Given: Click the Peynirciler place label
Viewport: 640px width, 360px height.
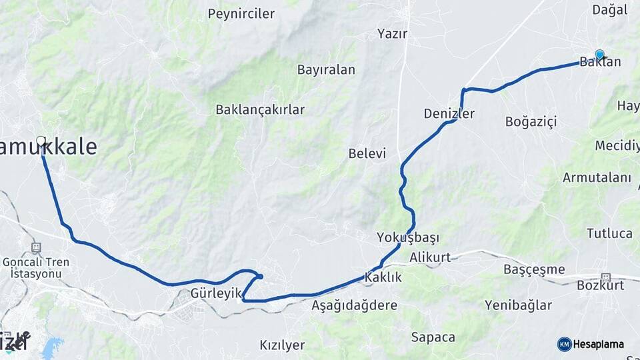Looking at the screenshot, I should coord(241,13).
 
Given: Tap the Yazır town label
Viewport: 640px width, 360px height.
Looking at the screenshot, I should coord(392,33).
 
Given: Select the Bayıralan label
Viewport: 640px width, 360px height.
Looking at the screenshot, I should coord(326,70).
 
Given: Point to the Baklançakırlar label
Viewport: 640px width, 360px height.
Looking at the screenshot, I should coord(260,109).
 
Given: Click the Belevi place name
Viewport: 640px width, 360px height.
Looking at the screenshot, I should coord(367,153).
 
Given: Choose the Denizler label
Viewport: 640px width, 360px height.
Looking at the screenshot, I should coord(449,114).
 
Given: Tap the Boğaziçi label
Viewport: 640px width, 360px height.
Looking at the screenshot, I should coord(531,121).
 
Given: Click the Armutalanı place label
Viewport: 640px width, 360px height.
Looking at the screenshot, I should coord(597,177).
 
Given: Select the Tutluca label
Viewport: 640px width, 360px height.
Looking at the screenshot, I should coord(609,233).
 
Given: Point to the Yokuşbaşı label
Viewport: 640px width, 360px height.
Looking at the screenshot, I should coord(408,238).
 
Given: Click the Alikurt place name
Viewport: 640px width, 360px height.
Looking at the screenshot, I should coord(430,257).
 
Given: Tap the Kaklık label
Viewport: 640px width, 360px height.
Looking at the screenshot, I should coord(383,277).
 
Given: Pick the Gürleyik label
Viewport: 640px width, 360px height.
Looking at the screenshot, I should coord(215,293).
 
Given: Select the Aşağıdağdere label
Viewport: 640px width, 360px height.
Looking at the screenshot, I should coord(355,305).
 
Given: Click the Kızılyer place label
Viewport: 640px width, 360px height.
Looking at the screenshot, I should coord(282,345).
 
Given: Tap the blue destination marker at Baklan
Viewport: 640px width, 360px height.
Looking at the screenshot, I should coord(599,55).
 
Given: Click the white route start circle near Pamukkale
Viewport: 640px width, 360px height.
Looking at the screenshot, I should coord(41,141).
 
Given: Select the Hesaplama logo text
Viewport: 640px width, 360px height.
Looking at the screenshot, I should coord(598,344).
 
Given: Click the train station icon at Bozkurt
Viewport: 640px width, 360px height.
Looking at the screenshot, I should coord(606,277).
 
